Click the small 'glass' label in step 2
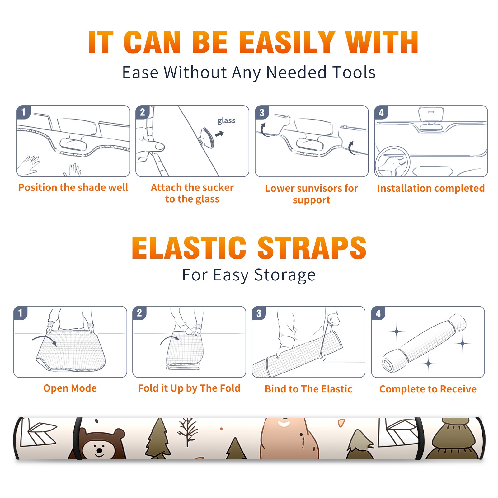[x=226, y=121]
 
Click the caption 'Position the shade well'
[x=73, y=187]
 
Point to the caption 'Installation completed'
[x=431, y=188]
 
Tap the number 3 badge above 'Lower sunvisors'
[x=262, y=112]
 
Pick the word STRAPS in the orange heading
[x=312, y=248]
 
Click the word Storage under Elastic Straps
[x=285, y=275]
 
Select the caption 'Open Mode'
[x=70, y=388]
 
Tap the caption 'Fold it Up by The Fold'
[x=189, y=388]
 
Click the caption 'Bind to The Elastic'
[x=308, y=389]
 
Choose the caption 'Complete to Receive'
[x=428, y=389]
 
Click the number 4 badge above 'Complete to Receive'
[x=378, y=313]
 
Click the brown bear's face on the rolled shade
[x=99, y=445]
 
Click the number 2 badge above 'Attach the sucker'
[x=143, y=112]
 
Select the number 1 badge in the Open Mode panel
[x=21, y=313]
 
